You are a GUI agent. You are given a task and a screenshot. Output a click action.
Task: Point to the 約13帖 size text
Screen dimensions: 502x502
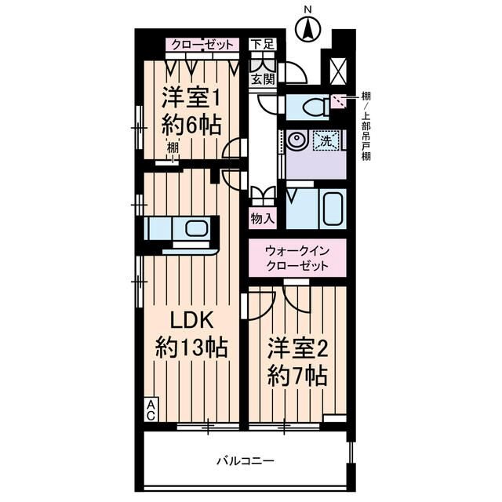[x=190, y=347]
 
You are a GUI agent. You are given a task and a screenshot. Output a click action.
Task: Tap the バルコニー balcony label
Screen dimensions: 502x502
[x=246, y=460]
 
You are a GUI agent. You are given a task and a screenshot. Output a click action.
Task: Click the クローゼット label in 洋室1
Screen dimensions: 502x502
[x=202, y=45]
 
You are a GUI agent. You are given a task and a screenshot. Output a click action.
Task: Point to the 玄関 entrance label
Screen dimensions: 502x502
[x=261, y=79]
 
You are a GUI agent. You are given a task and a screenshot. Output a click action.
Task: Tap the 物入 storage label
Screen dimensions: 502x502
[x=261, y=217]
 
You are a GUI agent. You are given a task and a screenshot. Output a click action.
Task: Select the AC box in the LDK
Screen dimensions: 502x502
[x=149, y=408]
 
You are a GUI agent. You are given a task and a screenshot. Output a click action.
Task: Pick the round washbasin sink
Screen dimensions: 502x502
[x=297, y=141]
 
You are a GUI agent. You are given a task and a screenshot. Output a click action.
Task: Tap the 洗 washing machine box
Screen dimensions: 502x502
[x=324, y=141]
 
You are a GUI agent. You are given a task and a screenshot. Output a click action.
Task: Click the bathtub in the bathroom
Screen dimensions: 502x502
[x=327, y=209]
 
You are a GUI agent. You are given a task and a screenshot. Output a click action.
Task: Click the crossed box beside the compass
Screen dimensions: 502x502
[x=339, y=71]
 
